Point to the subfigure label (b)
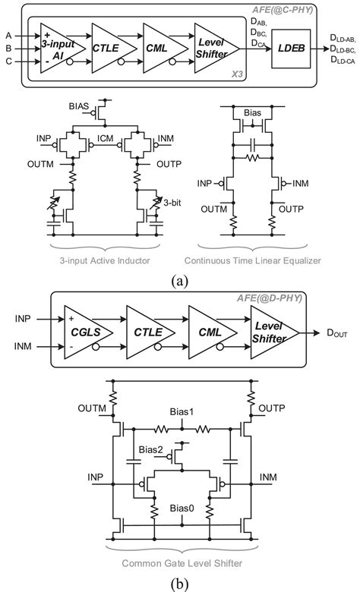(180, 582)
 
